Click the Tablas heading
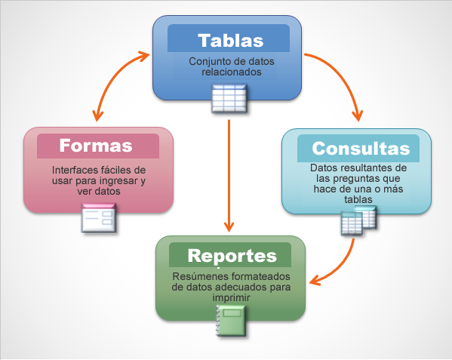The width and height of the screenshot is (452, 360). (231, 40)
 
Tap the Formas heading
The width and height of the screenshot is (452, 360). (96, 146)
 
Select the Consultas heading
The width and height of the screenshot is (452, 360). (361, 149)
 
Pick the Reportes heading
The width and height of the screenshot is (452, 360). (232, 256)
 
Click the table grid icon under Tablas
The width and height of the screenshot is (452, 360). (229, 98)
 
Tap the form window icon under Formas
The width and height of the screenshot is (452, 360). (99, 218)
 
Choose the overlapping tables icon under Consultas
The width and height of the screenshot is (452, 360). (359, 220)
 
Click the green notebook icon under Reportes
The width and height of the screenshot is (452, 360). (231, 321)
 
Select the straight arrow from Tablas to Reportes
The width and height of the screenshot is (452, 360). (229, 176)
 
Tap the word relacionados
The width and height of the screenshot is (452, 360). (232, 72)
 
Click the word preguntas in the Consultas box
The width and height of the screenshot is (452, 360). (358, 179)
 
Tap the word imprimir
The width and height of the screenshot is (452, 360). (231, 298)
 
